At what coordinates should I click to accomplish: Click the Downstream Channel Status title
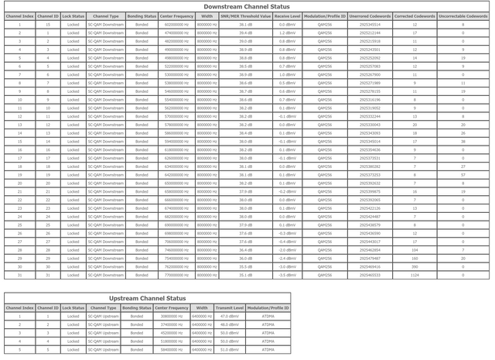(247, 6)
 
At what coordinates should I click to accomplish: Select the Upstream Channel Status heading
(147, 298)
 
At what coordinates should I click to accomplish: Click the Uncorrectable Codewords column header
(463, 15)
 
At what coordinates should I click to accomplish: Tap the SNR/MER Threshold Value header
(245, 15)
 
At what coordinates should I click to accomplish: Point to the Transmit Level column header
(229, 307)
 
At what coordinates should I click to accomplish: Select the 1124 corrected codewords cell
(415, 275)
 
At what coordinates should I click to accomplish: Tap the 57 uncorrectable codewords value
(463, 175)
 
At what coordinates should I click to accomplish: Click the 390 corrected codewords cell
(415, 266)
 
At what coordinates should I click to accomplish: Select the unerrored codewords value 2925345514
(370, 25)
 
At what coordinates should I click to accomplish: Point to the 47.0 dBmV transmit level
(229, 316)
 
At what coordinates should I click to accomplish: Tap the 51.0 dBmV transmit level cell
(229, 349)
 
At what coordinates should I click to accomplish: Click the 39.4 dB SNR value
(245, 33)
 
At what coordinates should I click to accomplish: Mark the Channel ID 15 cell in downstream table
(48, 25)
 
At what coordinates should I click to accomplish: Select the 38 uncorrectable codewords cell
(463, 142)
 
